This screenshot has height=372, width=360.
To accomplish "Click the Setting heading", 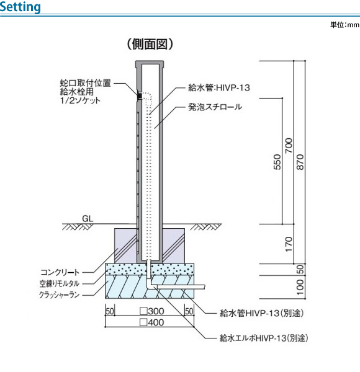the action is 20,7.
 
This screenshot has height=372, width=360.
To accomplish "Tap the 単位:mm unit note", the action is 344,25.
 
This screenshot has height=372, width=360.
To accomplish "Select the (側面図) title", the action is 150,44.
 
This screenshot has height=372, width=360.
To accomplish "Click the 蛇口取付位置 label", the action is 86,83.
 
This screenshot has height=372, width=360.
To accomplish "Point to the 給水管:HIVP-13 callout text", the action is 219,88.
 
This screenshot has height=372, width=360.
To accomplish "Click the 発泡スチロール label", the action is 215,107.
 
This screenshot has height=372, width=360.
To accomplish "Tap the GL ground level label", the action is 88,218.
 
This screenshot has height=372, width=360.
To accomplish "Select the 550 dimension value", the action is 277,162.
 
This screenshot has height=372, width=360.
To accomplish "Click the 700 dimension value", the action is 289,146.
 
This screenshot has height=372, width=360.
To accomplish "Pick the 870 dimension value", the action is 300,162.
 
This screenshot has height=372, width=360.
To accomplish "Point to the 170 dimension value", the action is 289,244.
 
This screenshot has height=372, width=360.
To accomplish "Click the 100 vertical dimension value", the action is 300,287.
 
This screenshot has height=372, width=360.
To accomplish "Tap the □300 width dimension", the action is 152,311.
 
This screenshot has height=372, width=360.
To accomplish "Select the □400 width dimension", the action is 152,322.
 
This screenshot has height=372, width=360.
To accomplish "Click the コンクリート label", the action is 60,272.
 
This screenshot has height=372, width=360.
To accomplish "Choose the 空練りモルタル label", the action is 60,283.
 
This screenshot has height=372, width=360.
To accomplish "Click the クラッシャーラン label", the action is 59,295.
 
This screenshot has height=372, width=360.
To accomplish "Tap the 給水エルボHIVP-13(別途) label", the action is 264,338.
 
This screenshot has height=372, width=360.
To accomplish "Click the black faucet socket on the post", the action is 140,95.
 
